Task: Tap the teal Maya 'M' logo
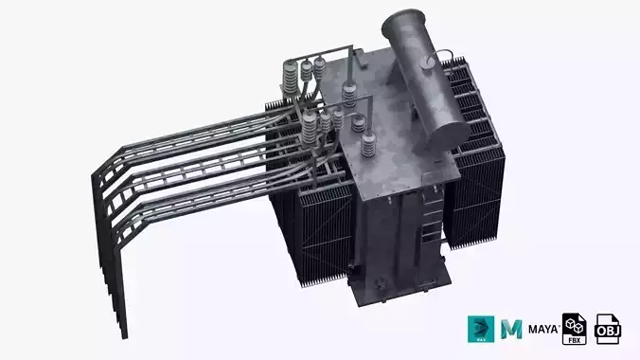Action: (x=513, y=328)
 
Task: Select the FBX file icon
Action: (x=576, y=328)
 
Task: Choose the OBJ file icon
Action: (x=608, y=328)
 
